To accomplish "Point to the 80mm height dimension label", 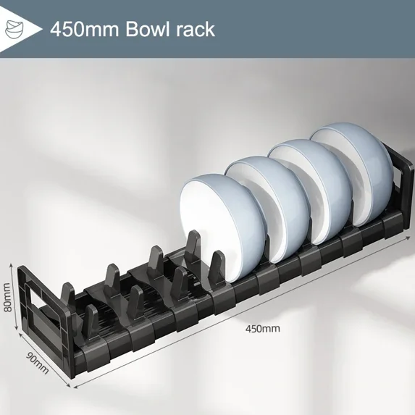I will (x=7, y=297).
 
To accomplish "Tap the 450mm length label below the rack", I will (x=262, y=328).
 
